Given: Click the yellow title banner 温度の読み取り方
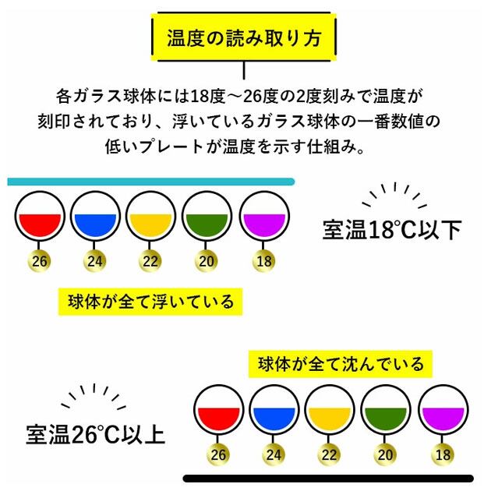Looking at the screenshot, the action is (244, 37).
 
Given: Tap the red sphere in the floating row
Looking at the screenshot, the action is (40, 216).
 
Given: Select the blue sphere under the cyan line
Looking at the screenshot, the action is (95, 216).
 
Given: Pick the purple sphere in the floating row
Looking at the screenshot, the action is (264, 216).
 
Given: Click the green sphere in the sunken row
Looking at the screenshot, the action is (386, 410).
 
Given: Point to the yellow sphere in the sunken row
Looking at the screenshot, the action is (330, 410).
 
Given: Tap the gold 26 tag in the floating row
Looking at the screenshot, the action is (39, 261).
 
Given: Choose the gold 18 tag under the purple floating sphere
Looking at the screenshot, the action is (264, 261).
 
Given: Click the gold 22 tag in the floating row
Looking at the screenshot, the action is (150, 261).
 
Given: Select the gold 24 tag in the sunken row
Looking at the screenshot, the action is (274, 454).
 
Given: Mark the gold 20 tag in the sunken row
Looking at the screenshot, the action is (385, 454).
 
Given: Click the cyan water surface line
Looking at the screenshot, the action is (151, 182).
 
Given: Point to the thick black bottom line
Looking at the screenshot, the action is (328, 479).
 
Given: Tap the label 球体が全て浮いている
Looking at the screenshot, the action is (150, 302).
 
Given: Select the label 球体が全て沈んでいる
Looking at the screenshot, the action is (341, 364).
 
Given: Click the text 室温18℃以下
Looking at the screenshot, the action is (392, 230).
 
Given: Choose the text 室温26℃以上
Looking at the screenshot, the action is (96, 434).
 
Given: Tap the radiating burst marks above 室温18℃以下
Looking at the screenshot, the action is (394, 195).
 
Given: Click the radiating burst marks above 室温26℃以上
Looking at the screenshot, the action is (94, 396).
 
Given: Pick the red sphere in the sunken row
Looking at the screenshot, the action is (218, 410).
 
